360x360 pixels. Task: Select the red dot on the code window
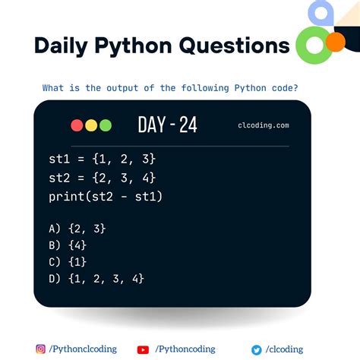pos(77,125)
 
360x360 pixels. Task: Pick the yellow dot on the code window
pos(90,125)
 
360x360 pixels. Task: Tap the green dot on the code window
pos(105,125)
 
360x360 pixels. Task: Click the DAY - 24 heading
pos(167,125)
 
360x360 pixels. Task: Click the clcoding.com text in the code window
pos(263,126)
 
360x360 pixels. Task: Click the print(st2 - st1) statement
pos(104,197)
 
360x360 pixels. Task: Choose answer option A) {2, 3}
pos(76,227)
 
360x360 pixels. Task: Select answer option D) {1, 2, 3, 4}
pos(95,278)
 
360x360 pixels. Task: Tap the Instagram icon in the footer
pos(40,349)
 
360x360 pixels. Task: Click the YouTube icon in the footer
pos(143,349)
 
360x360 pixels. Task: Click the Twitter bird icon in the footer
pos(257,349)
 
